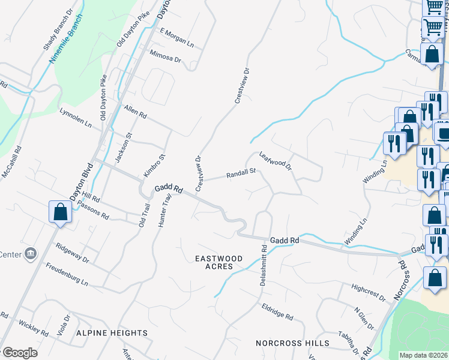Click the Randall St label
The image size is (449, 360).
click(x=241, y=174)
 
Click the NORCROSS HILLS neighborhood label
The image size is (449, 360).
click(x=292, y=343)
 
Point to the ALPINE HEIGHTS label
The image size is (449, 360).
click(x=112, y=332)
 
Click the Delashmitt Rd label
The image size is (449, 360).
click(x=263, y=265)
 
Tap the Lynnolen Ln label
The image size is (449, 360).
click(x=76, y=118)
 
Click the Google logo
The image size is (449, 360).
click(x=19, y=353)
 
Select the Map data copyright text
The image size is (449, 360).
click(x=423, y=355)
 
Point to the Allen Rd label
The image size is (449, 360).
click(x=135, y=111)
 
